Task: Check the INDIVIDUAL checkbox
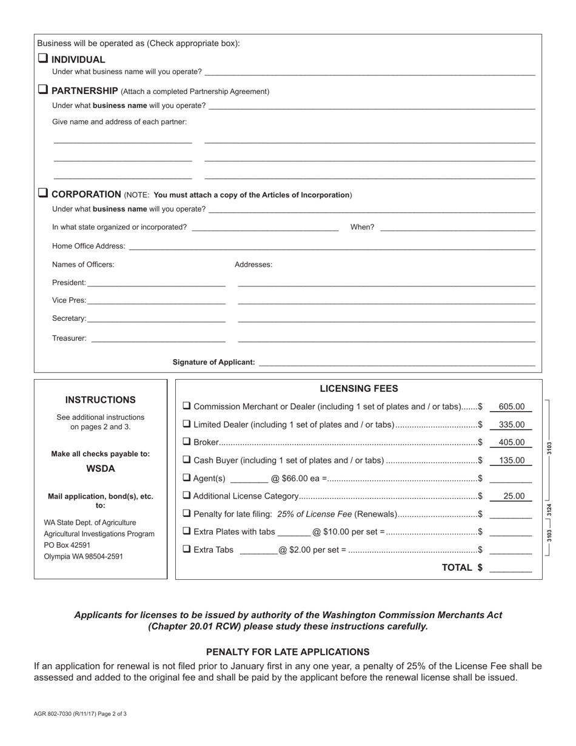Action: (x=42, y=59)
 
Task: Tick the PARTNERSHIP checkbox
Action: (x=42, y=90)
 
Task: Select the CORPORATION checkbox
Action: (x=42, y=193)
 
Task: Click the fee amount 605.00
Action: (x=511, y=407)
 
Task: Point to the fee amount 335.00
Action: (x=511, y=425)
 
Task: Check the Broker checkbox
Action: (x=187, y=442)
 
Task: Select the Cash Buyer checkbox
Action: (x=187, y=460)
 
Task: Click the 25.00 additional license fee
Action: (x=514, y=496)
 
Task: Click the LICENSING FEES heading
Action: (x=359, y=389)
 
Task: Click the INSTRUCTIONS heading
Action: (x=101, y=400)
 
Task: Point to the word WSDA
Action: (x=101, y=469)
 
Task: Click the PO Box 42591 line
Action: (x=67, y=545)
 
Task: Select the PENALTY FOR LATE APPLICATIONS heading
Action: (x=287, y=652)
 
